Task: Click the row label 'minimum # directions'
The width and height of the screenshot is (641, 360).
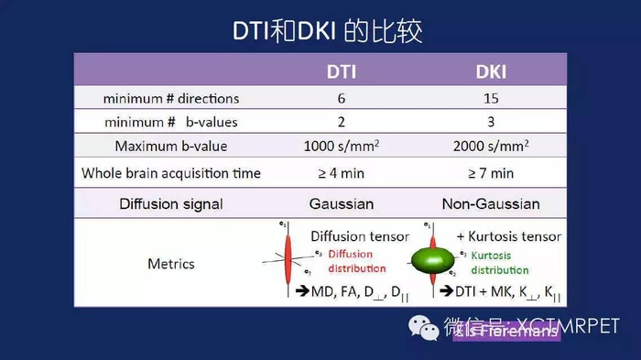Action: coord(171,98)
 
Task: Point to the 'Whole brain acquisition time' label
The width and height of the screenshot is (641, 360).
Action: coord(171,173)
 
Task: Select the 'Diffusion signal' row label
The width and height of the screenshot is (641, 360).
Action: coord(171,203)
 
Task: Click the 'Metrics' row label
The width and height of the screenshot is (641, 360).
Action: coord(171,264)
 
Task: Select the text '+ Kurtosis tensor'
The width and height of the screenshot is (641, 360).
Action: coord(507,236)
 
